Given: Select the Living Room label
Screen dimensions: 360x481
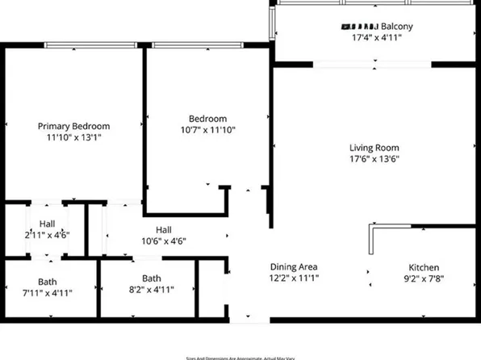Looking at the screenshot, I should coord(374,148).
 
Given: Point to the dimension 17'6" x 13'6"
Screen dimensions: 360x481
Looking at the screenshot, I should coord(374,159).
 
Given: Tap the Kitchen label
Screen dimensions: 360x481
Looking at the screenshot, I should coord(423,268).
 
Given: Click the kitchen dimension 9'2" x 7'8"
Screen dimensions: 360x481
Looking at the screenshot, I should coord(423,279).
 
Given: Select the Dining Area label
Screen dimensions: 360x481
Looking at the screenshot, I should coord(293,267).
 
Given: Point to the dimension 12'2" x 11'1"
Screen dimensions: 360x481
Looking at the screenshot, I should coord(293,278).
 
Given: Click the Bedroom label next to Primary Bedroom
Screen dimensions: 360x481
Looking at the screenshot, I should coord(207,118).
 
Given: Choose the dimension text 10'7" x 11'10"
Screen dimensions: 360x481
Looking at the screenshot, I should coord(207,129).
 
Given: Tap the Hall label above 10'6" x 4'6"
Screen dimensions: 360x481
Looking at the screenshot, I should coord(164,229).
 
